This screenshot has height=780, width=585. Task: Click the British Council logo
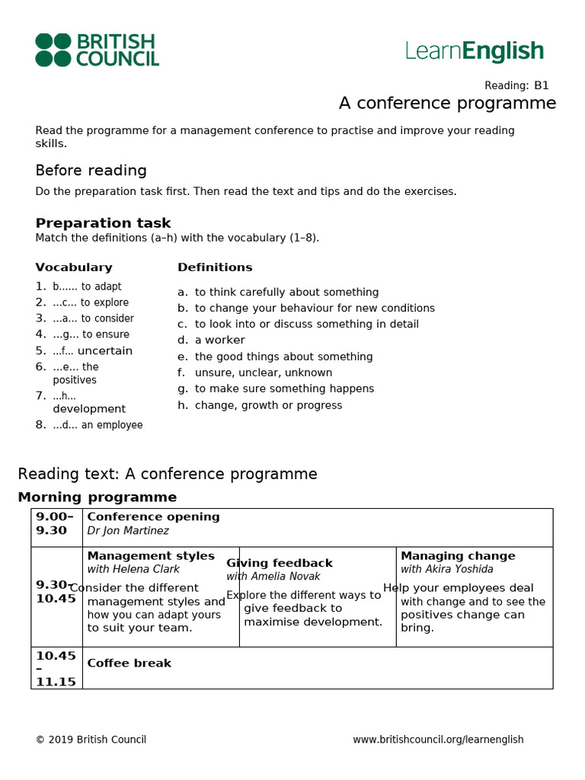tap(97, 50)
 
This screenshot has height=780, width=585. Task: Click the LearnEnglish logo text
tap(475, 51)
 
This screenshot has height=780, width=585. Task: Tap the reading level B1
tap(541, 85)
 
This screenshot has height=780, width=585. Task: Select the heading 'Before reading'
tap(91, 171)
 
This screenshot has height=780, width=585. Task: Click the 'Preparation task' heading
tap(103, 223)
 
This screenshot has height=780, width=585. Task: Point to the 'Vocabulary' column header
tap(73, 267)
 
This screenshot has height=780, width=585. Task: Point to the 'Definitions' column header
tap(215, 267)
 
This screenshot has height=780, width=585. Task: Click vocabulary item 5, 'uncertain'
tap(92, 351)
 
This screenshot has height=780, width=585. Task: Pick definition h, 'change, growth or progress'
tap(268, 405)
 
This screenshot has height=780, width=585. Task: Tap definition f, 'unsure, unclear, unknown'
tap(263, 372)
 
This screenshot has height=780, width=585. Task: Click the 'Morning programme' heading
tap(97, 497)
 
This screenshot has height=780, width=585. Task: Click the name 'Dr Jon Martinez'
tap(128, 531)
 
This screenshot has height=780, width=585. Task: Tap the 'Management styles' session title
tap(151, 556)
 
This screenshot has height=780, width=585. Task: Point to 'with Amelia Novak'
tap(273, 577)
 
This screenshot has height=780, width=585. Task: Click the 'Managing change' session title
tap(458, 556)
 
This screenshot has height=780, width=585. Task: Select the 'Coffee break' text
tap(129, 663)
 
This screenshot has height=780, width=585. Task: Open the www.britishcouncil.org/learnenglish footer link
tap(438, 740)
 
